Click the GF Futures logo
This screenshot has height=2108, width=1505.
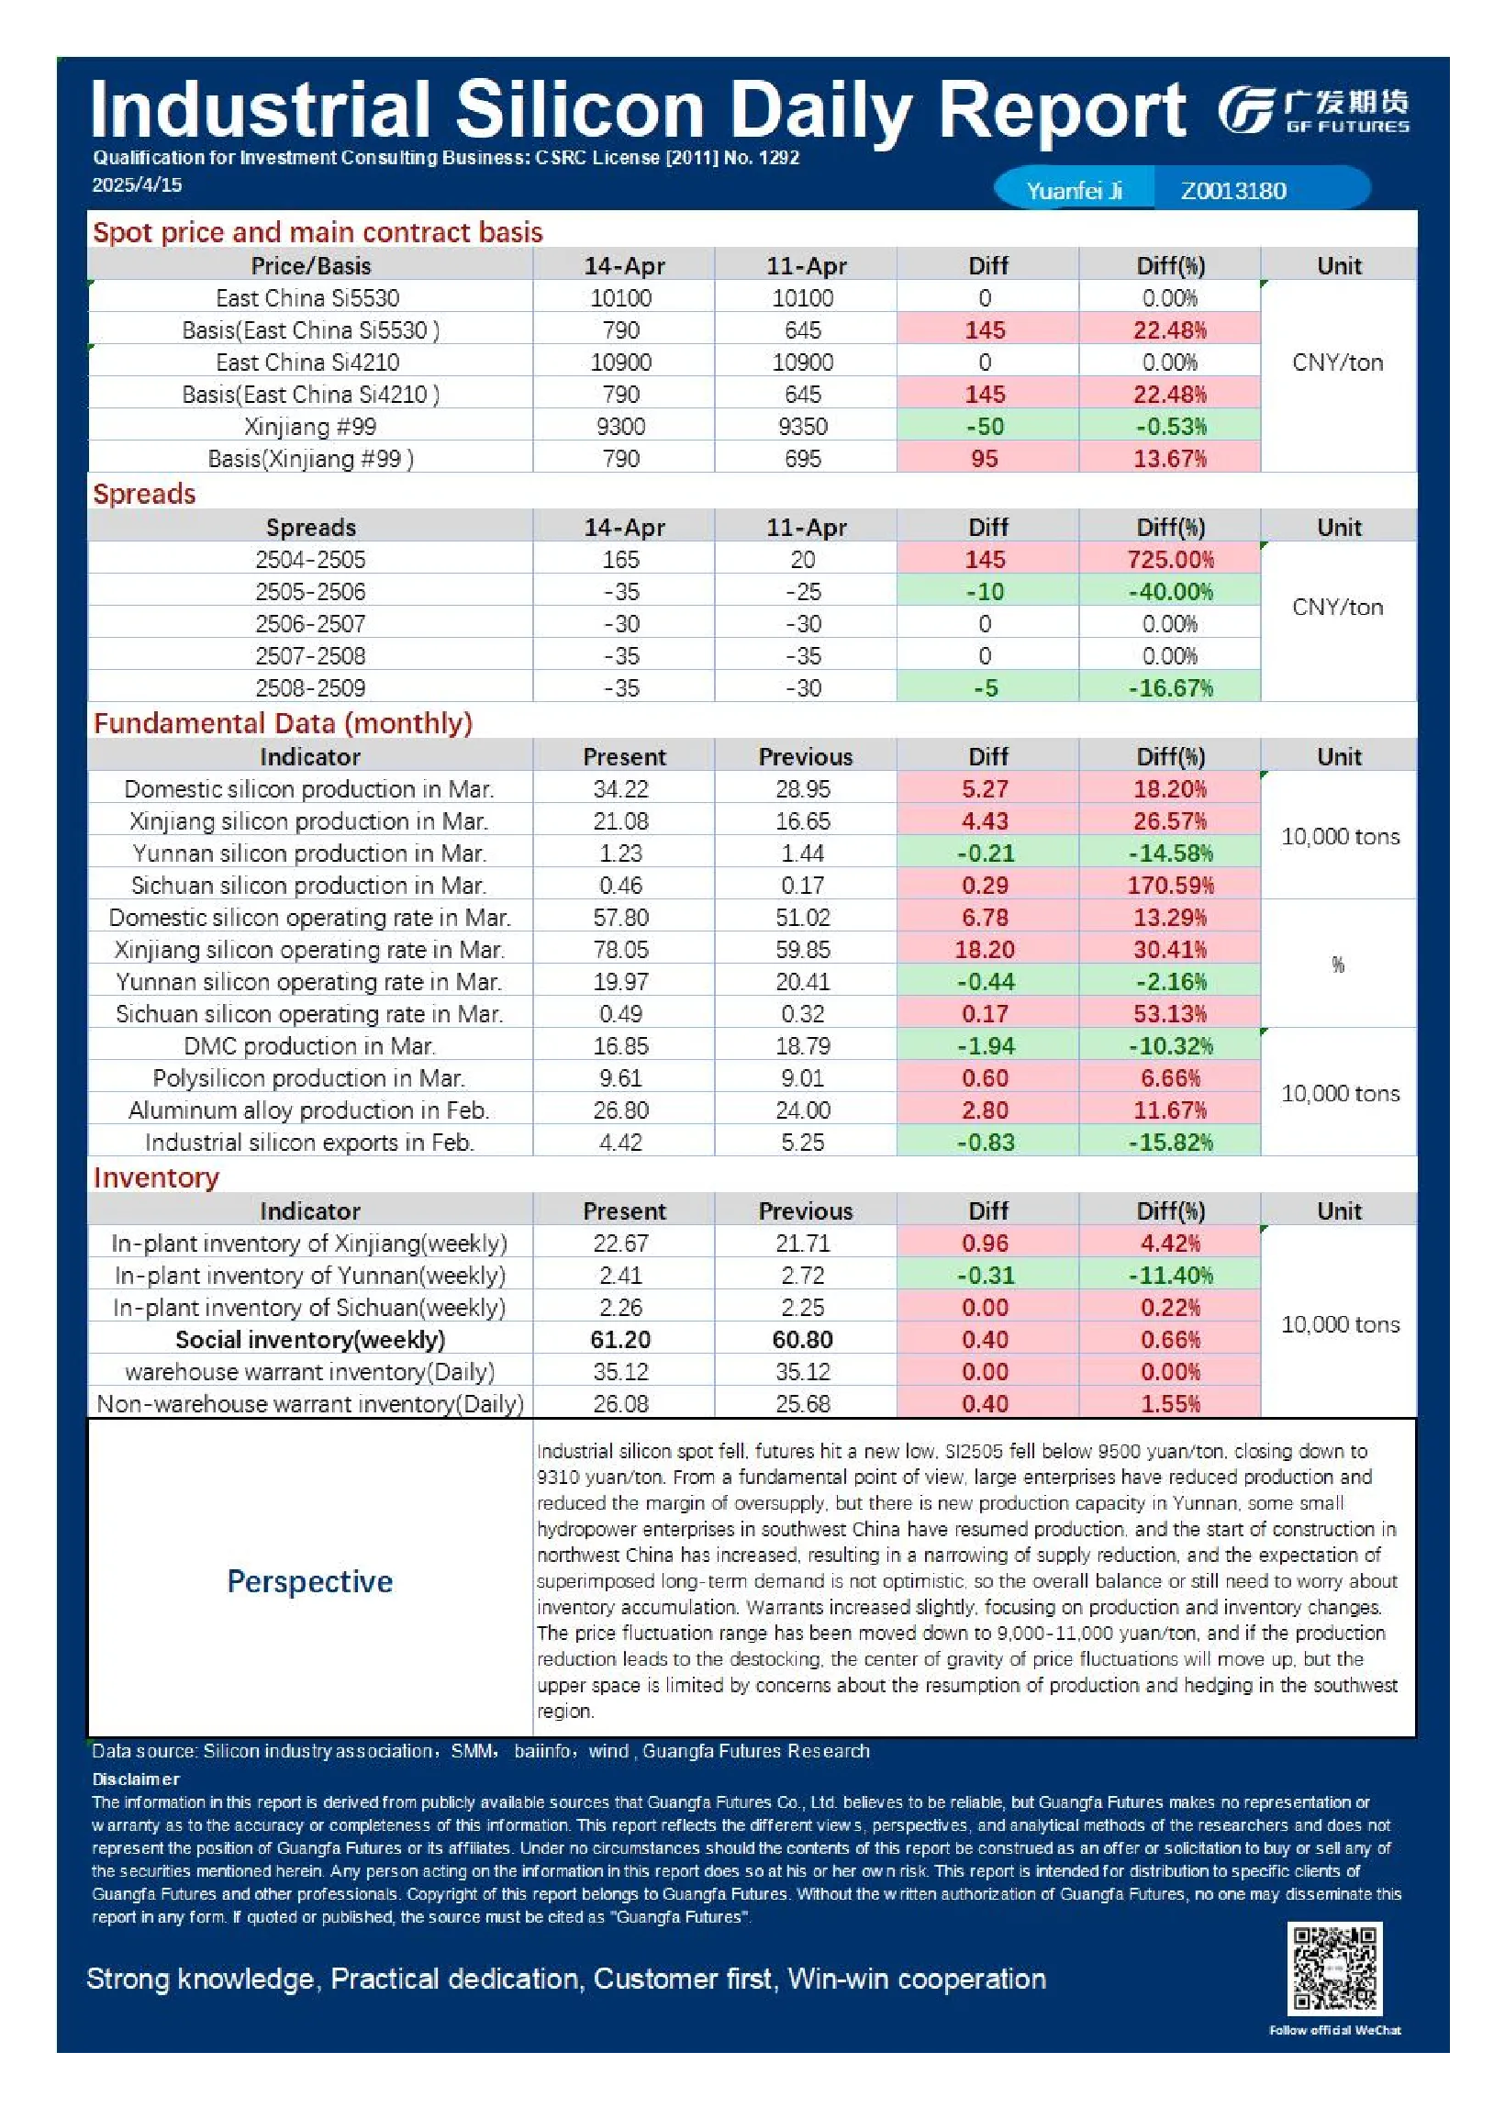point(1313,111)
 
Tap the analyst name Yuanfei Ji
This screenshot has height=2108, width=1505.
point(1074,191)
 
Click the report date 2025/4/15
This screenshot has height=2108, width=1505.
point(137,184)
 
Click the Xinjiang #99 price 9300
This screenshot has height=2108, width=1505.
point(621,427)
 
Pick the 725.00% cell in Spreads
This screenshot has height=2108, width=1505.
point(1170,560)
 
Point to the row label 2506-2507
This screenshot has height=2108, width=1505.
point(310,624)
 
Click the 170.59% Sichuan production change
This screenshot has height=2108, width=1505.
point(1170,886)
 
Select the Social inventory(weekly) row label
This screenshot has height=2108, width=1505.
point(310,1340)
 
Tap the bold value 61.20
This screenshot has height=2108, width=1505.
point(621,1340)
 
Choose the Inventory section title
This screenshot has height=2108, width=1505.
point(156,1177)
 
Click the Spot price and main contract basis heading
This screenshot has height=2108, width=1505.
point(318,231)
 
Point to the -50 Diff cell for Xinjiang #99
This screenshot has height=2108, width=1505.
point(985,427)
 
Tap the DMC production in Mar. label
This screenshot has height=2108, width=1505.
point(309,1046)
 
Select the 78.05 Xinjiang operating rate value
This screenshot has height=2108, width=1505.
point(621,950)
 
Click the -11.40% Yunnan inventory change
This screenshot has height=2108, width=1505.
point(1170,1276)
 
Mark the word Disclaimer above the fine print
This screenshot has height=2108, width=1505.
point(136,1779)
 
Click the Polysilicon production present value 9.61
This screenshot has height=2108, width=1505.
point(621,1078)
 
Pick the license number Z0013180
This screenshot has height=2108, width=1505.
point(1233,191)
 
